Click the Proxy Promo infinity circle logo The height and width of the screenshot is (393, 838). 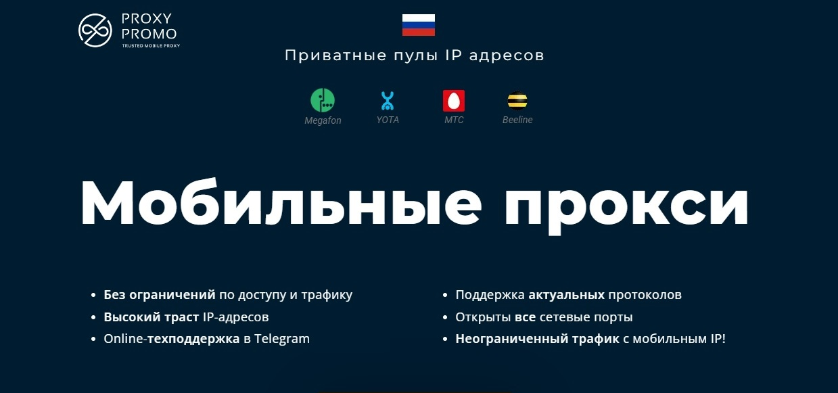click(x=95, y=30)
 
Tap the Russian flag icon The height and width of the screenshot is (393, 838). click(x=418, y=25)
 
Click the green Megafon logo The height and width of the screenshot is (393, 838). click(x=323, y=100)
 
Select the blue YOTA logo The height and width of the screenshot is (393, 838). click(x=387, y=101)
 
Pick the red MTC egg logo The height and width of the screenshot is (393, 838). click(x=454, y=101)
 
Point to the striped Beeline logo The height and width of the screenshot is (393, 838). click(x=517, y=101)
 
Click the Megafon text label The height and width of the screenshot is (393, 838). click(x=323, y=120)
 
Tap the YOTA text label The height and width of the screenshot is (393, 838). click(x=388, y=120)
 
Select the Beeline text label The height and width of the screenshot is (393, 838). click(x=517, y=120)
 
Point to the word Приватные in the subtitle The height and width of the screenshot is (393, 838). click(x=335, y=55)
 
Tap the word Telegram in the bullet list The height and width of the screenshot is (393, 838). click(x=282, y=339)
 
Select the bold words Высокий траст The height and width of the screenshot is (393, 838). click(x=151, y=317)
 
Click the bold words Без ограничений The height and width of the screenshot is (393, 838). click(x=160, y=295)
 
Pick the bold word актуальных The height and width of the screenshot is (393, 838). click(x=566, y=295)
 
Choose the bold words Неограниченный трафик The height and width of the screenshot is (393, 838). click(x=537, y=339)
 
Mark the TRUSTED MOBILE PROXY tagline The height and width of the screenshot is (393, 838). click(x=151, y=46)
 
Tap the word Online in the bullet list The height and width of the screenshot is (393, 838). click(x=123, y=339)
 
